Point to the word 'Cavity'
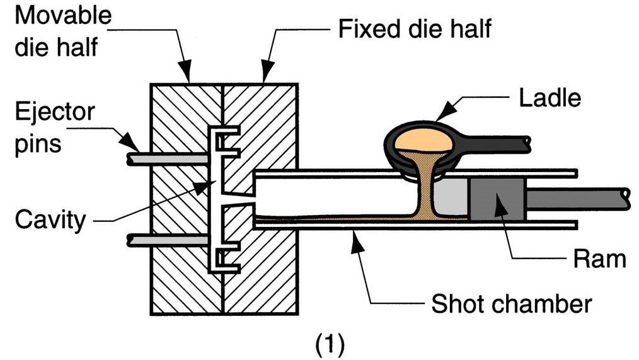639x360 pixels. click(50, 221)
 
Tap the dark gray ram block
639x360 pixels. click(497, 199)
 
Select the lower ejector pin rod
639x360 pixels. click(167, 240)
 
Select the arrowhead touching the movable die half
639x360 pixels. click(187, 76)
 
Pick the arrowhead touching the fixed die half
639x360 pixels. click(264, 76)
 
